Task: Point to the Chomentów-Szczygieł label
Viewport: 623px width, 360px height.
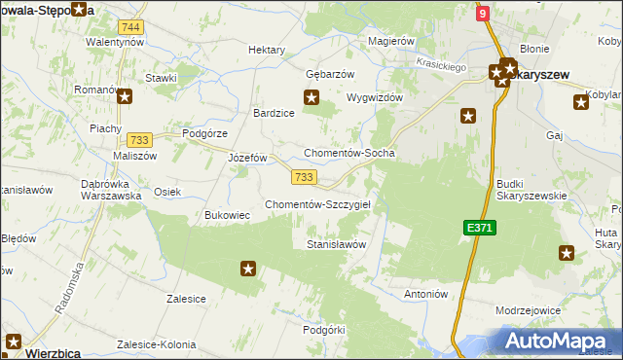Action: (x=325, y=204)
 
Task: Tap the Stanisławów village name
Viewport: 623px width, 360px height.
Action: (x=336, y=244)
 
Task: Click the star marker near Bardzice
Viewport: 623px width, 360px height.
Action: (x=311, y=96)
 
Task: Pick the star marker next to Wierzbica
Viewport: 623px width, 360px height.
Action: (x=14, y=341)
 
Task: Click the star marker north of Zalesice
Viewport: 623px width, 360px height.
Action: (x=248, y=268)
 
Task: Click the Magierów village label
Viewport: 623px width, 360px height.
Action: (x=392, y=42)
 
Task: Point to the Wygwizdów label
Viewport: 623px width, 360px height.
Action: (x=375, y=97)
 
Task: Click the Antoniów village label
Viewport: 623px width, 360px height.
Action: (x=424, y=293)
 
